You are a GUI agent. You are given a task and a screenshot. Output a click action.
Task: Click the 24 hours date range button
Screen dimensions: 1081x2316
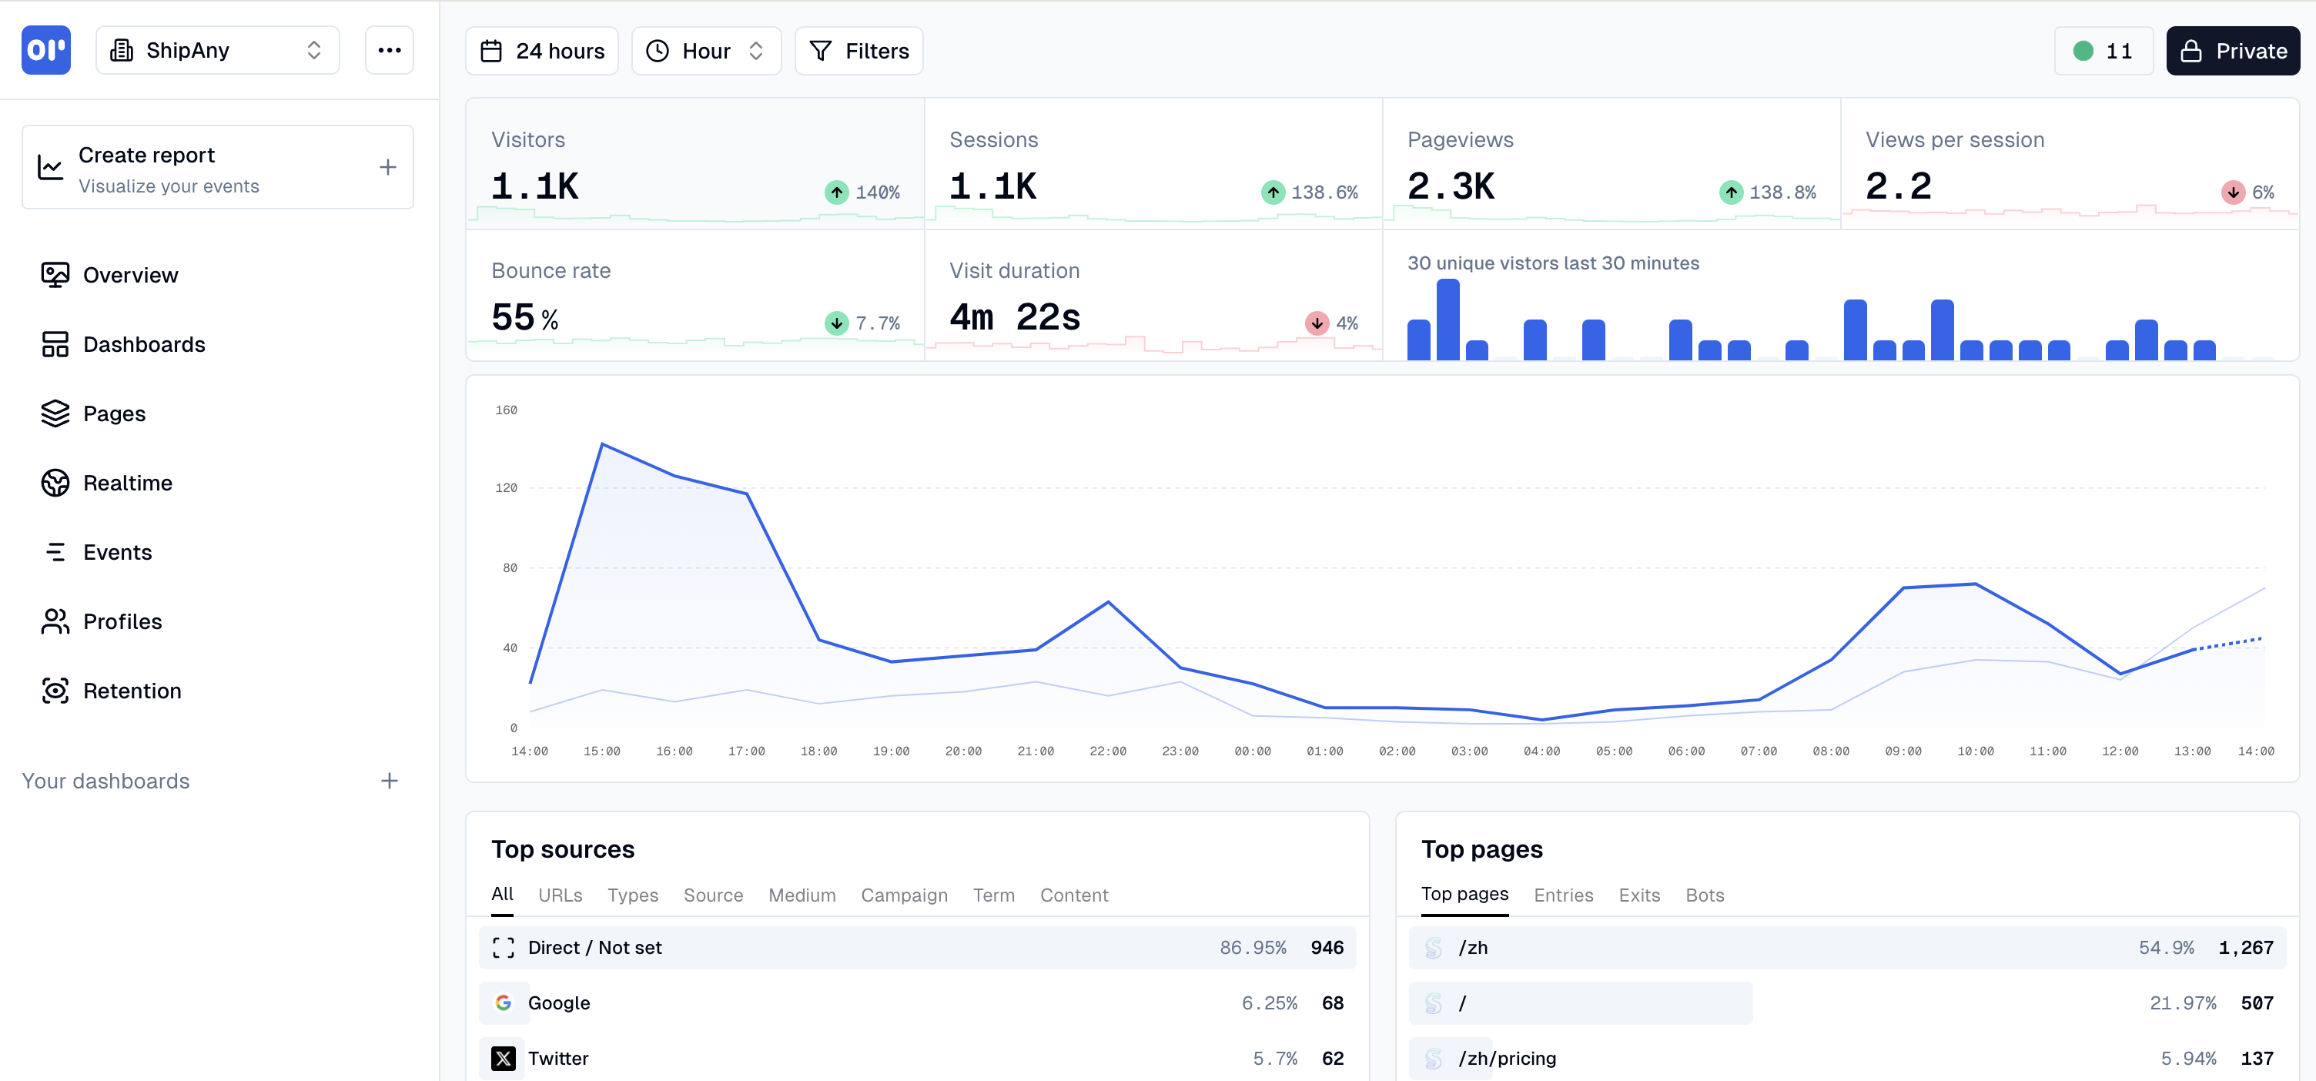coord(541,52)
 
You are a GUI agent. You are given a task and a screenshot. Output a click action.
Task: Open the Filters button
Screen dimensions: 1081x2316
coord(858,52)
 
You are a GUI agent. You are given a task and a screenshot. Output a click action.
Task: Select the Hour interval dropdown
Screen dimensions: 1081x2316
coord(706,52)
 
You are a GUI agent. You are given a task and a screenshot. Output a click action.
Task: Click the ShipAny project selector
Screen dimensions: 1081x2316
coord(216,50)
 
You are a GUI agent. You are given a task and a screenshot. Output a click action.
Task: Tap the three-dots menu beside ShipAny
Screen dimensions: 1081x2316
coord(390,50)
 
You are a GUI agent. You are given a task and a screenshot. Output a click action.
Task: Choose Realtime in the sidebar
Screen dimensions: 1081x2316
coord(127,483)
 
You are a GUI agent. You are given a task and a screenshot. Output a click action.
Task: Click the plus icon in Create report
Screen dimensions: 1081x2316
coord(387,167)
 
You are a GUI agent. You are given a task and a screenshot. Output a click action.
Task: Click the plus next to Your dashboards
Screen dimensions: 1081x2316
coord(388,781)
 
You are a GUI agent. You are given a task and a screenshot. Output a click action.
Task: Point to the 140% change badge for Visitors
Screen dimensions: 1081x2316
coord(862,192)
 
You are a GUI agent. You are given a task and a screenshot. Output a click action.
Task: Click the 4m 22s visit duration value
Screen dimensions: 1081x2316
coord(1014,317)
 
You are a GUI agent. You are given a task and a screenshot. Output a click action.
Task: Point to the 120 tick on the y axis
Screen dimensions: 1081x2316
coord(506,488)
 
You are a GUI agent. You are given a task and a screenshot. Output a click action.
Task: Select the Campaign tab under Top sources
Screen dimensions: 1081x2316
coord(904,895)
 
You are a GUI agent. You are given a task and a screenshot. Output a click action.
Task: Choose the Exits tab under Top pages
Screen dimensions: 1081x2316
coord(1638,895)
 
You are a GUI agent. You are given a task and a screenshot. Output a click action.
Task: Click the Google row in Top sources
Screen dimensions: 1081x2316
coord(917,1002)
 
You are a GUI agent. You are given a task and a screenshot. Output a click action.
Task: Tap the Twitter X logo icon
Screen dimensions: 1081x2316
coord(504,1059)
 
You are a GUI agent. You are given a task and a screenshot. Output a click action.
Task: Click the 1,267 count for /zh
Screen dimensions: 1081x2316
coord(2245,948)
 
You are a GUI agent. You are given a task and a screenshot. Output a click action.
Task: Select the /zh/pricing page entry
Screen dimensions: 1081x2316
coord(1507,1059)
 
